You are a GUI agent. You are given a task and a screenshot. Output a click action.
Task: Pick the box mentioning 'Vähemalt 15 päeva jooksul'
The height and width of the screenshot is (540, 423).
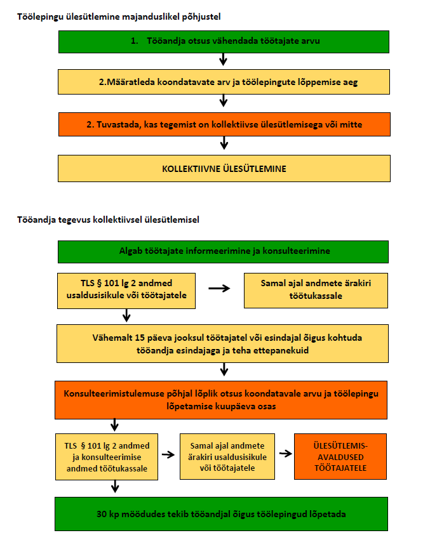coord(222,343)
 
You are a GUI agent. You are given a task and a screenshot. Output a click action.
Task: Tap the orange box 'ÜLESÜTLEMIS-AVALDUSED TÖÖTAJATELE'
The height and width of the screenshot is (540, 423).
coord(340,455)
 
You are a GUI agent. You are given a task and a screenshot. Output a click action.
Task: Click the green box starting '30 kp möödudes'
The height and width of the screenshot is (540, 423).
coord(222,513)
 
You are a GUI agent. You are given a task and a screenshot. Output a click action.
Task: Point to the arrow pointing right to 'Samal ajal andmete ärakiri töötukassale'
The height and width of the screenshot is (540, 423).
coord(219,288)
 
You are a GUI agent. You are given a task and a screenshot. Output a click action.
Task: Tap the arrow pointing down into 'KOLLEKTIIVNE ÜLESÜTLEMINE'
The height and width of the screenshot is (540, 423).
coord(223,145)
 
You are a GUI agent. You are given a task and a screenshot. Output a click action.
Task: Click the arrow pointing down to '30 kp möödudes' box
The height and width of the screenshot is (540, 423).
coord(115,487)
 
